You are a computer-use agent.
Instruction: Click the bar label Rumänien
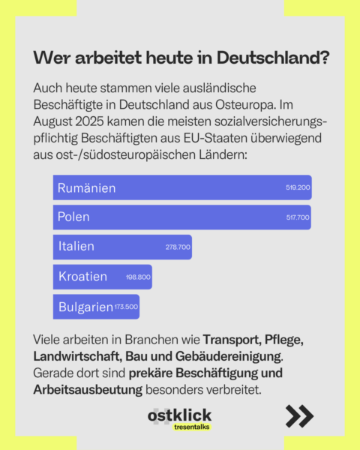point(86,188)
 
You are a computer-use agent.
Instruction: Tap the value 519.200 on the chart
point(298,187)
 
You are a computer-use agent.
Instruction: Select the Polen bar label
point(73,217)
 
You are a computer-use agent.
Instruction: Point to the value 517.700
point(298,217)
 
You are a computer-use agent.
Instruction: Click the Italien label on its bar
point(76,246)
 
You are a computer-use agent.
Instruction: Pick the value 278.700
point(178,247)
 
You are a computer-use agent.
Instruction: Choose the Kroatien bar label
point(82,276)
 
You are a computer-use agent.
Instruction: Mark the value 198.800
point(138,277)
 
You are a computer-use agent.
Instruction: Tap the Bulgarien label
point(85,307)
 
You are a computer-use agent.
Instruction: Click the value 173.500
point(126,307)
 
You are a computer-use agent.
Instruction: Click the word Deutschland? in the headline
point(273,58)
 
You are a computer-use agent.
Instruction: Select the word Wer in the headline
point(52,58)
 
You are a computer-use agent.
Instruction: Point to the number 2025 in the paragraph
point(89,121)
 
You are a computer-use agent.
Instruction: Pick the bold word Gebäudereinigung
point(229,356)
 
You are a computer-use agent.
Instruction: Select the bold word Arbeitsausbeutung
point(88,390)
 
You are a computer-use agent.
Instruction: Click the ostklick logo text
point(180,415)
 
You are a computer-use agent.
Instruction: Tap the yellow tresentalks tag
point(192,427)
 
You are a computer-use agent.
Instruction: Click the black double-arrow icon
point(299,415)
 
